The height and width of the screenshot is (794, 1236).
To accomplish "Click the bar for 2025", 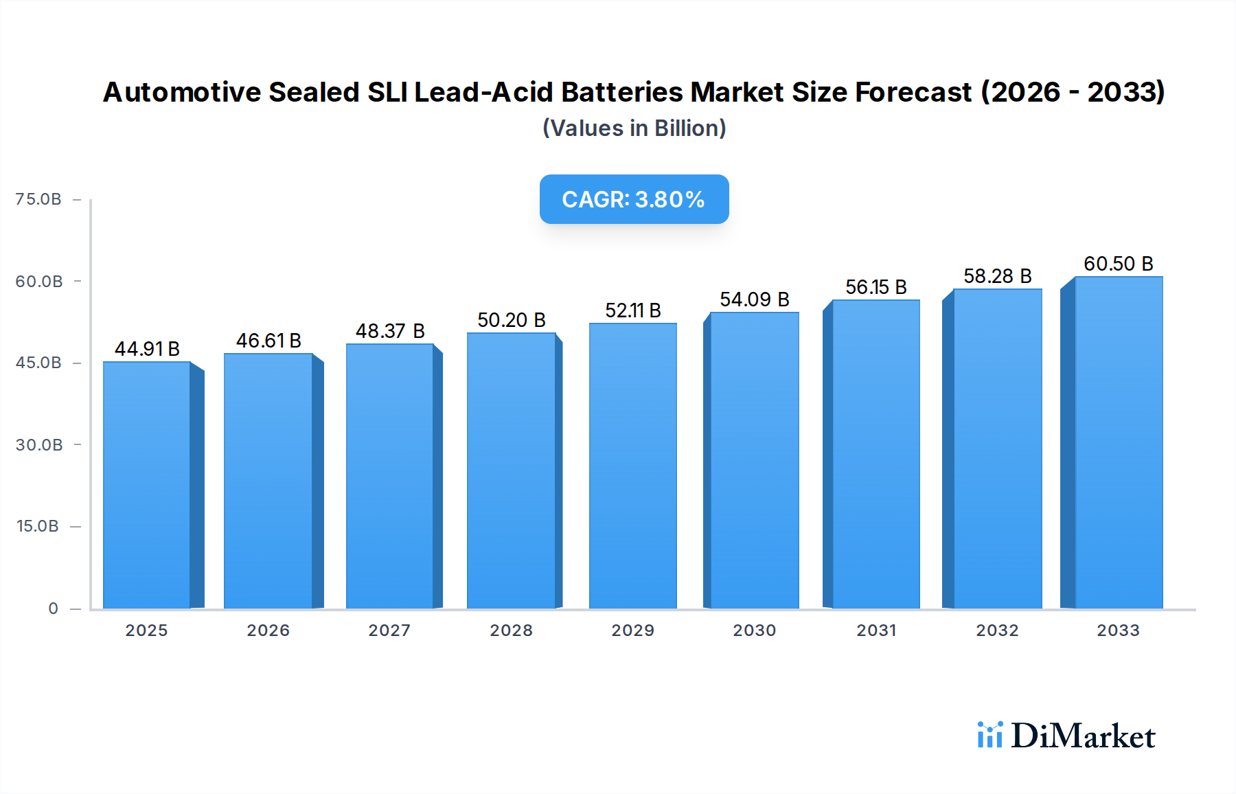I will pyautogui.click(x=147, y=484).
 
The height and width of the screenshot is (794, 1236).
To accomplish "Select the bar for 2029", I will pyautogui.click(x=632, y=466).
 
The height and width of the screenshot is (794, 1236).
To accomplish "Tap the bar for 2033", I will pyautogui.click(x=1118, y=442).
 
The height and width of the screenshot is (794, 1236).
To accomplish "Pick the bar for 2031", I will pyautogui.click(x=875, y=453).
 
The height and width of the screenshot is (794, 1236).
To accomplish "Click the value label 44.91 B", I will pyautogui.click(x=147, y=349).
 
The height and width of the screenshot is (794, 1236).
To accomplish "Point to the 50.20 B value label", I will pyautogui.click(x=512, y=320).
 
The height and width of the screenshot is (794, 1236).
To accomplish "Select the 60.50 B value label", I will pyautogui.click(x=1118, y=264).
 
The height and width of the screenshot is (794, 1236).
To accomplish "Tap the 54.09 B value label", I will pyautogui.click(x=754, y=299).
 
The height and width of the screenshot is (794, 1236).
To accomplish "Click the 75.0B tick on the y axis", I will pyautogui.click(x=38, y=199).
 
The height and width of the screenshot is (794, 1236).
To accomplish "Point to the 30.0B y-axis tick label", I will pyautogui.click(x=39, y=445).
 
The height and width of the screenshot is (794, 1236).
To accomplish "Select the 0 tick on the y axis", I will pyautogui.click(x=53, y=609).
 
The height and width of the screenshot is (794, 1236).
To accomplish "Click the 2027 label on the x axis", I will pyautogui.click(x=389, y=631).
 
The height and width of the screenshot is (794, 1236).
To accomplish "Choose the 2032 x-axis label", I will pyautogui.click(x=997, y=631).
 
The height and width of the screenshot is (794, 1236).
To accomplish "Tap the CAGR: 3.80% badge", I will pyautogui.click(x=634, y=199).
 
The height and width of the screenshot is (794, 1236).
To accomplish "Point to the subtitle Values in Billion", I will pyautogui.click(x=634, y=128).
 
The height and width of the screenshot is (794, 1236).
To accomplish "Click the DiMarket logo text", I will pyautogui.click(x=1083, y=736).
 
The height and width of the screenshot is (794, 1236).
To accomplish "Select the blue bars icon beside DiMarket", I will pyautogui.click(x=989, y=735).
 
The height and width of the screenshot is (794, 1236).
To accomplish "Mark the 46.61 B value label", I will pyautogui.click(x=268, y=341).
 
